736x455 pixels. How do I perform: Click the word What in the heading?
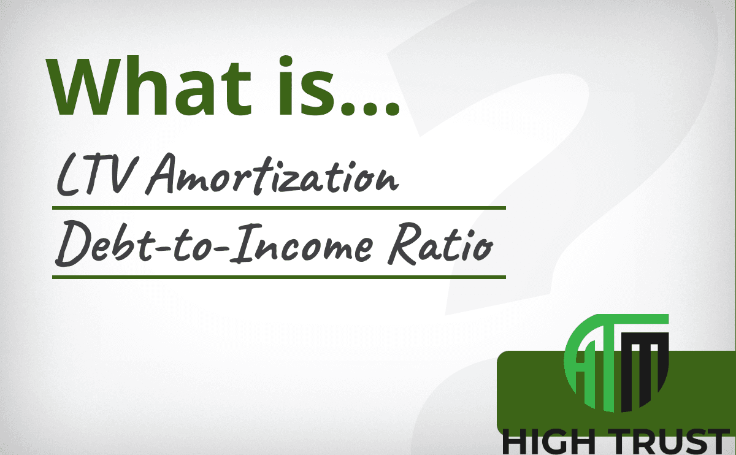pos(148,86)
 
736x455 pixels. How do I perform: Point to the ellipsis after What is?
pos(370,109)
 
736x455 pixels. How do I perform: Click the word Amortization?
pos(272,174)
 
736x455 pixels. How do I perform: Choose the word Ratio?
pos(440,244)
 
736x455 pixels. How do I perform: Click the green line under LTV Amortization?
pos(279,208)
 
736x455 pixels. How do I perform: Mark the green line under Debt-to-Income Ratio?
pos(279,277)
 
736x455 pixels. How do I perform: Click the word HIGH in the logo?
pos(549,442)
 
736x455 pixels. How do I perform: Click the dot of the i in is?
pos(286,61)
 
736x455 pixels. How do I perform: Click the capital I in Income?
pos(245,243)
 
